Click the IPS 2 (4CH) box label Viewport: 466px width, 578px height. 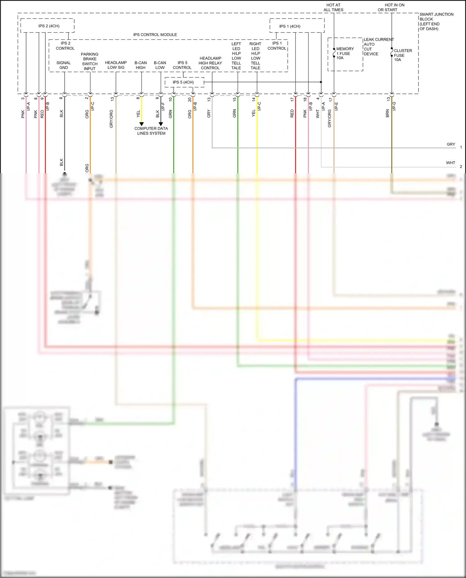click(49, 26)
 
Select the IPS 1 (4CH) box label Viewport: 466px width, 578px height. click(290, 26)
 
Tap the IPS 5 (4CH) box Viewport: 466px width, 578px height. click(183, 82)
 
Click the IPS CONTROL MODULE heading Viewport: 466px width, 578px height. click(155, 35)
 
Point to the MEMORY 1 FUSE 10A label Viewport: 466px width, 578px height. click(345, 53)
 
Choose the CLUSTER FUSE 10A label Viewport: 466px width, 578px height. click(402, 55)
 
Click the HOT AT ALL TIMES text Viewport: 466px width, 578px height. click(333, 7)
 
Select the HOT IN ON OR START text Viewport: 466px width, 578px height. click(391, 7)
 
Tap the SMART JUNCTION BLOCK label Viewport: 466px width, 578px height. click(436, 21)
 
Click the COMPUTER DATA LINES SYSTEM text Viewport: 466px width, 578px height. click(151, 131)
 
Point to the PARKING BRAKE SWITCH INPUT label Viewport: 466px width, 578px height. click(90, 61)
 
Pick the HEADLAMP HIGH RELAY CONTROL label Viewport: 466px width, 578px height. click(210, 63)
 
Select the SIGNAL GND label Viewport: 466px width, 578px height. click(64, 65)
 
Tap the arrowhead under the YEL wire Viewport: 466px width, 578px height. click(142, 124)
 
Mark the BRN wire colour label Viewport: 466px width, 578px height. click(387, 113)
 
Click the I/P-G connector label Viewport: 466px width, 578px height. click(394, 106)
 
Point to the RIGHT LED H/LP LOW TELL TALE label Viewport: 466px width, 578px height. click(255, 56)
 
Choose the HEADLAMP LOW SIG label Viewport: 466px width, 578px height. click(116, 65)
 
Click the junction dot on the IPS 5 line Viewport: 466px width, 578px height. click(321, 82)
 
